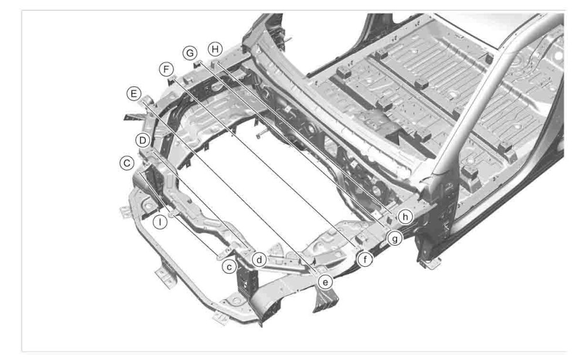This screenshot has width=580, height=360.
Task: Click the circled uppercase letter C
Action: (x=124, y=163)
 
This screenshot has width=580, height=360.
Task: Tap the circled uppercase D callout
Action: (x=141, y=140)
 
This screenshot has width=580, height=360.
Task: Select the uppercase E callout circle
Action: (x=133, y=94)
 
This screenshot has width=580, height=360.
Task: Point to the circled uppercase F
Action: (x=167, y=70)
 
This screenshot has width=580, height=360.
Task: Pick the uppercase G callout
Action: (x=189, y=53)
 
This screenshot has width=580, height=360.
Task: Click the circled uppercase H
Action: (x=216, y=47)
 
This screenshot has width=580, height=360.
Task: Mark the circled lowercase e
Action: (x=326, y=281)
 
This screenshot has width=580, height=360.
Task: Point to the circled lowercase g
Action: (x=395, y=239)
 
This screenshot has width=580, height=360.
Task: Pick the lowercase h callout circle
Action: (x=405, y=216)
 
